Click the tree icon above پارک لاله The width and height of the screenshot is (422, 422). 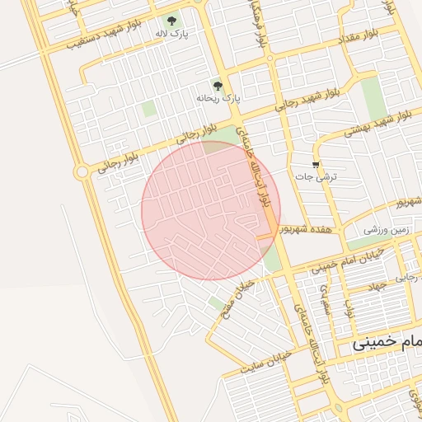coord(171,21)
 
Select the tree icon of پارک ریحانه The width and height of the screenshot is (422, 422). coord(218,84)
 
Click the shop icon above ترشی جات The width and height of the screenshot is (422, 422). coord(316,163)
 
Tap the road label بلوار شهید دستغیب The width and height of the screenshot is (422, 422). coord(86,39)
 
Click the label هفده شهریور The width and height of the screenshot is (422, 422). coord(306,228)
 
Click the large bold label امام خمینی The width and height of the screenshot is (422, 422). coord(387,341)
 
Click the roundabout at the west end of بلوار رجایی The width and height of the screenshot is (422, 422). coord(81,171)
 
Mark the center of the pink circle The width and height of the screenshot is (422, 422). coord(211,210)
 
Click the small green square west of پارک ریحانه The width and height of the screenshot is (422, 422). coord(148,108)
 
